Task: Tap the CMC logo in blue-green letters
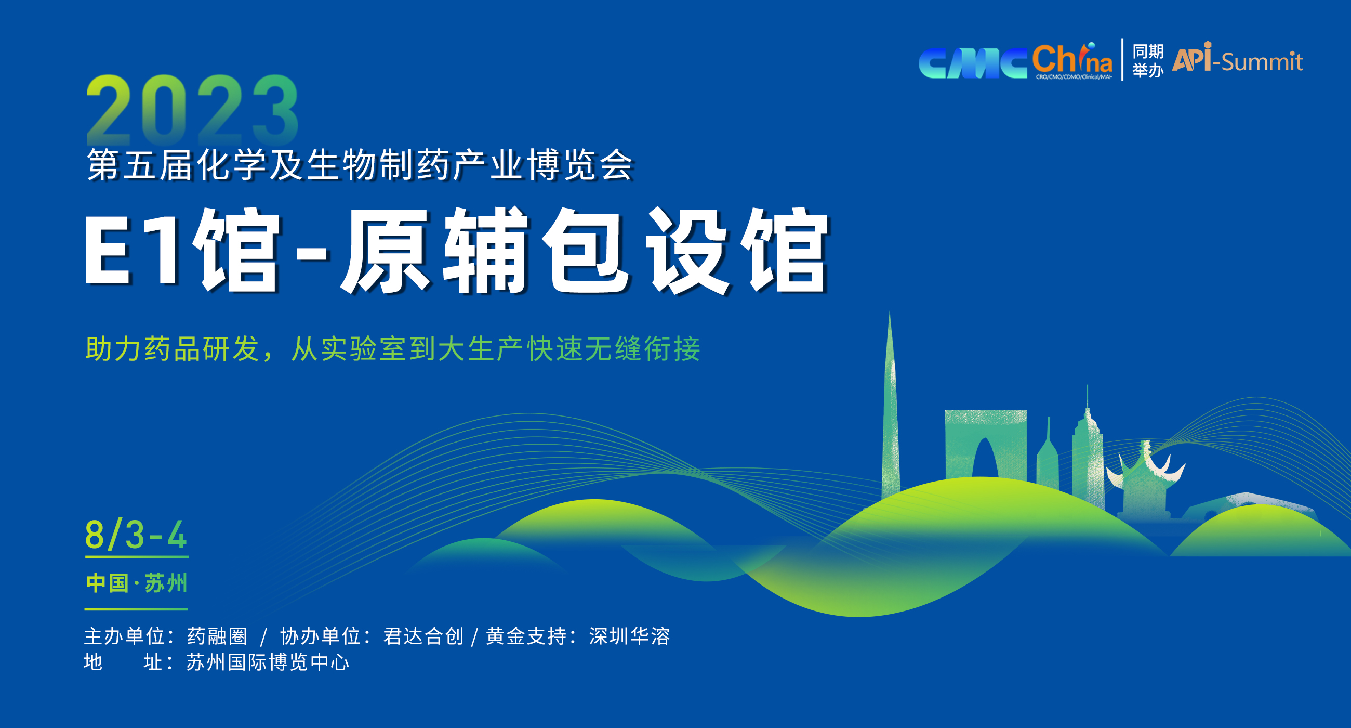click(972, 63)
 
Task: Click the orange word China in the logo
click(1072, 59)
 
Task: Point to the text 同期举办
click(1148, 60)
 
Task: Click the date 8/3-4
click(136, 535)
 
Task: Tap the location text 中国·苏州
click(136, 583)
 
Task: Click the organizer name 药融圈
click(217, 636)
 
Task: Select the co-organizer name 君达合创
click(424, 636)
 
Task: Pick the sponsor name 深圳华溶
click(629, 636)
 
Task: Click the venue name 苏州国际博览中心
click(268, 662)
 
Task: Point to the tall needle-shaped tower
click(890, 409)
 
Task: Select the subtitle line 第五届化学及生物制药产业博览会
click(360, 165)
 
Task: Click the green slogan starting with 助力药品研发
click(393, 348)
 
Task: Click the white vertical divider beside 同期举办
click(1122, 60)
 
